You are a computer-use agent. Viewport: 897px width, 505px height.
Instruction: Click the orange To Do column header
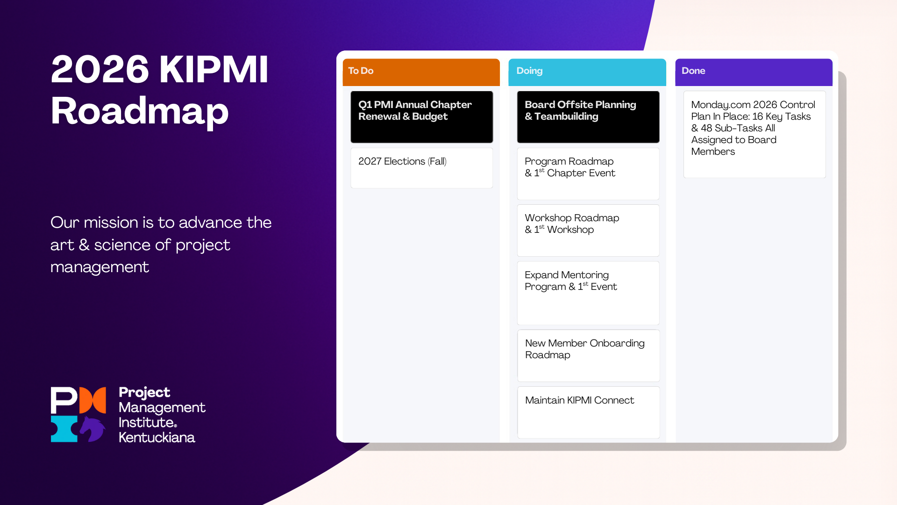coord(421,72)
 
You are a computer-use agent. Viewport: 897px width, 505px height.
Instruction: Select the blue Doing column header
coord(587,72)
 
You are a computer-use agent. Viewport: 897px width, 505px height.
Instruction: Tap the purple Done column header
coord(753,72)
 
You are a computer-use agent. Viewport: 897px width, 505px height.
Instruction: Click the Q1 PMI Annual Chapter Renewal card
coord(421,117)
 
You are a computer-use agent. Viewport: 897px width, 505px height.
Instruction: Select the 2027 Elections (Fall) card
coord(421,168)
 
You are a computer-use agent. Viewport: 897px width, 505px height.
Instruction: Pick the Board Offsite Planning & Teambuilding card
coord(588,117)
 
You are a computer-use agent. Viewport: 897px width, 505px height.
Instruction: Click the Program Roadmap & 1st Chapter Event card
coord(588,173)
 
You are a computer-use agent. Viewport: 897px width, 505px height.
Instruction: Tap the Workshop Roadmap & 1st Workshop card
coord(588,230)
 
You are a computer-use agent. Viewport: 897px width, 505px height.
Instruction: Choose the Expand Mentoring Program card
coord(588,292)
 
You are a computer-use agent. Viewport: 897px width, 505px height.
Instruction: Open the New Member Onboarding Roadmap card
coord(588,355)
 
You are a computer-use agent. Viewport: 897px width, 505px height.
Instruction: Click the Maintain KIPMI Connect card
coord(588,411)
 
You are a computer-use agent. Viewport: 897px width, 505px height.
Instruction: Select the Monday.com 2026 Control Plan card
coord(754,134)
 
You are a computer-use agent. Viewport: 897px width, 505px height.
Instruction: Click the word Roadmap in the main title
coord(140,111)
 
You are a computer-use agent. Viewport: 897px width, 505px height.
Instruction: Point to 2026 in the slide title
coord(100,70)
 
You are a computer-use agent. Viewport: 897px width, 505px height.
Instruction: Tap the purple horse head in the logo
coord(93,428)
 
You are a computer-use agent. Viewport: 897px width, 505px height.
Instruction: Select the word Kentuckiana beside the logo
coord(157,438)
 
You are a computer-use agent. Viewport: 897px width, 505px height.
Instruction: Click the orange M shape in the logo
coord(93,400)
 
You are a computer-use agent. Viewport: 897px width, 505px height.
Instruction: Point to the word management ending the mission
coord(100,267)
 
